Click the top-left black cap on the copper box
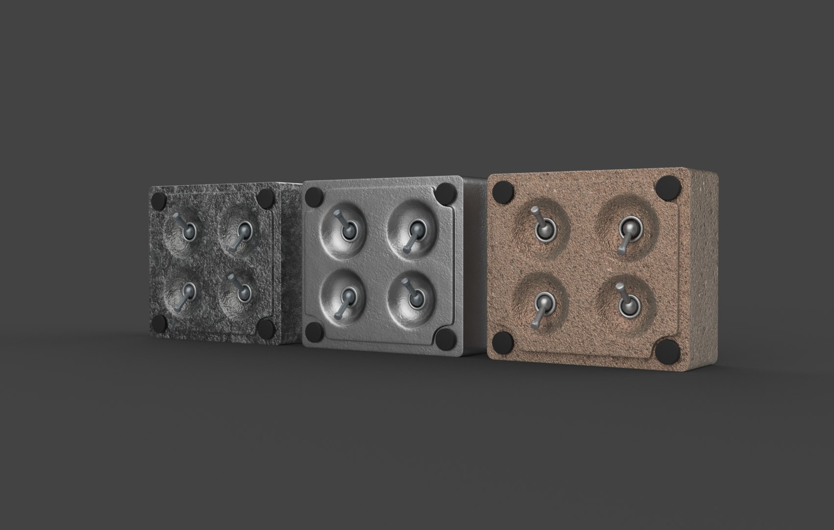coord(503,190)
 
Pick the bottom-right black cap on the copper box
coord(666,351)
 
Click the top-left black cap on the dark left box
coord(158,200)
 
